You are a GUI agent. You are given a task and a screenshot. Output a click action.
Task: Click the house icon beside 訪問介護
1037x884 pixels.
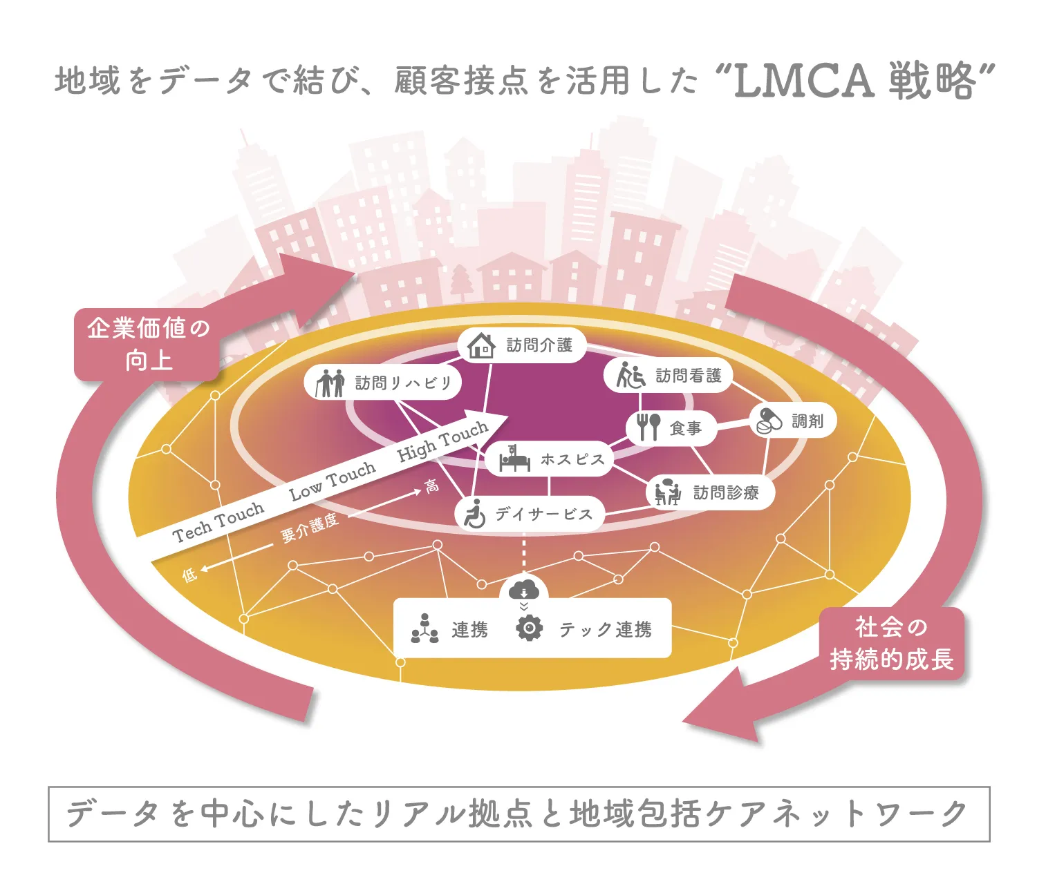click(x=481, y=345)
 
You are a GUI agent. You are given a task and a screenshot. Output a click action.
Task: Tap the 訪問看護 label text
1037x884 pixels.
click(x=688, y=376)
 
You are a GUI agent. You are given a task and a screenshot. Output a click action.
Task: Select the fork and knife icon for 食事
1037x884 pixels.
click(x=648, y=427)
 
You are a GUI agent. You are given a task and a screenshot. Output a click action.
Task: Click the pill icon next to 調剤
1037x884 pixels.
click(x=769, y=421)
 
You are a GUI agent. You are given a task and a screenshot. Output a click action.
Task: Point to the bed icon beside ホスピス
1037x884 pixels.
click(x=514, y=459)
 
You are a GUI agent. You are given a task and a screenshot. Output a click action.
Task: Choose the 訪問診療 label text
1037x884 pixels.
click(x=725, y=492)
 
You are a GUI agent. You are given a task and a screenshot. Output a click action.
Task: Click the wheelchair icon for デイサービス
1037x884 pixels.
click(x=475, y=514)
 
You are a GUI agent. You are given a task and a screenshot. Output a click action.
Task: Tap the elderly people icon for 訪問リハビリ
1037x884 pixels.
click(x=330, y=383)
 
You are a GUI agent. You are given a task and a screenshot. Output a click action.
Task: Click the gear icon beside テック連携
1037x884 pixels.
click(x=530, y=628)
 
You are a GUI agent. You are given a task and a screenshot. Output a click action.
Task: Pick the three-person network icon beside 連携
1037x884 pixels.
click(x=424, y=628)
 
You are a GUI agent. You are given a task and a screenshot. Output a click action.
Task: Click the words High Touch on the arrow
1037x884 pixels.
click(x=442, y=442)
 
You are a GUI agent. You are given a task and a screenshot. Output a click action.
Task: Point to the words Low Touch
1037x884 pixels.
click(x=333, y=481)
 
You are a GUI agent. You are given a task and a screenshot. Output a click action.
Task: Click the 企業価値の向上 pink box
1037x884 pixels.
click(x=147, y=344)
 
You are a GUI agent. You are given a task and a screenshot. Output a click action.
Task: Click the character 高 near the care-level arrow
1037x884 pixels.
click(x=431, y=486)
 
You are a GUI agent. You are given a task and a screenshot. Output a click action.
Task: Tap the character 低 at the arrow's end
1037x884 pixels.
click(x=189, y=574)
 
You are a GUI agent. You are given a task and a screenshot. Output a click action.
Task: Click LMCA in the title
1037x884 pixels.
click(x=803, y=81)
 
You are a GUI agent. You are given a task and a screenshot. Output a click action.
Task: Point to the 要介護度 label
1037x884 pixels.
click(x=309, y=528)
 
